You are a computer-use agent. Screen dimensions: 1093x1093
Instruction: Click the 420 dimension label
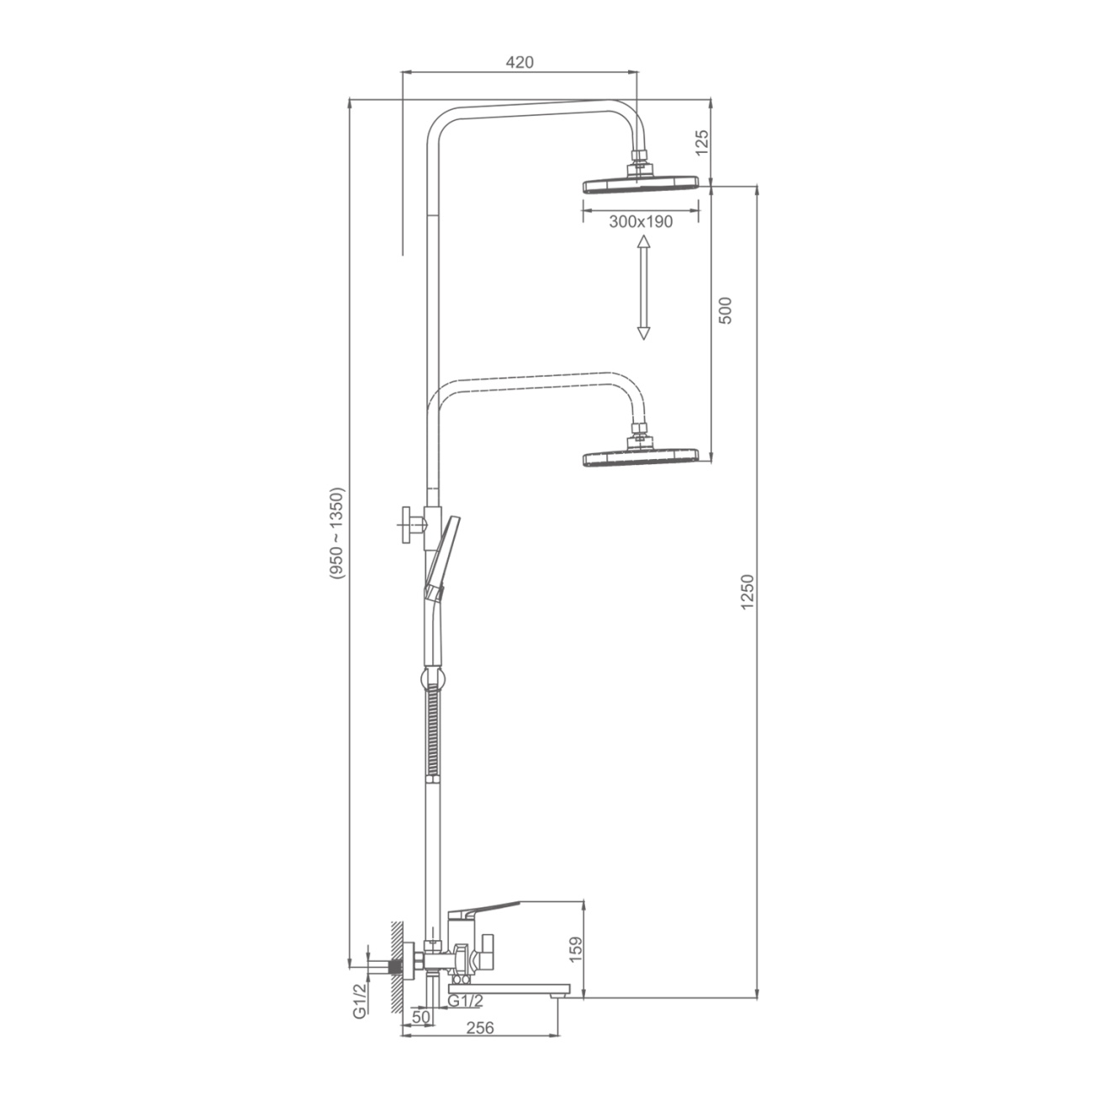click(520, 62)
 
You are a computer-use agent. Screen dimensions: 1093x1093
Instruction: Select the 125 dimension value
click(702, 142)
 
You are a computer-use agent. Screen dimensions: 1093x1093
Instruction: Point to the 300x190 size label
click(641, 222)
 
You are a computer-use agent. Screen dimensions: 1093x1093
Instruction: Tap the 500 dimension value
click(726, 310)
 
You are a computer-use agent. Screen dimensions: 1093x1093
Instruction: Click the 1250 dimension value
click(748, 592)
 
